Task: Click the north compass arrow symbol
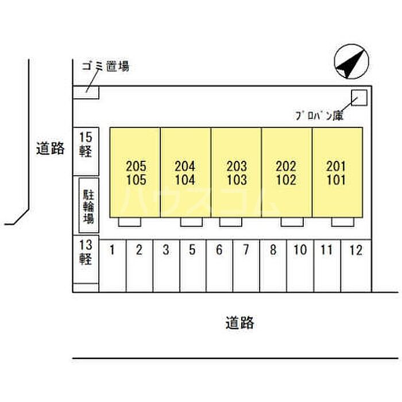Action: point(351,63)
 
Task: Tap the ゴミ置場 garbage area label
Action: point(106,67)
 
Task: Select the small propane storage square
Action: point(359,98)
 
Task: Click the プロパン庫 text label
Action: point(319,115)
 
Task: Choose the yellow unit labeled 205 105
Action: point(135,172)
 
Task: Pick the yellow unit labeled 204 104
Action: point(185,172)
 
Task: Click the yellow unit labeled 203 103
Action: point(236,172)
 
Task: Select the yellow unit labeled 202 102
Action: point(287,172)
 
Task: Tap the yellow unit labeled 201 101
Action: point(337,172)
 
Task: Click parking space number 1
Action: point(113,264)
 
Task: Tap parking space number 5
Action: point(192,264)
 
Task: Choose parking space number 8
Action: point(273,264)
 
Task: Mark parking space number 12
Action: point(356,264)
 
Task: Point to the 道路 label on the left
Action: point(50,149)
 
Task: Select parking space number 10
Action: point(300,264)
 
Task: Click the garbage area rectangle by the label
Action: point(86,92)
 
